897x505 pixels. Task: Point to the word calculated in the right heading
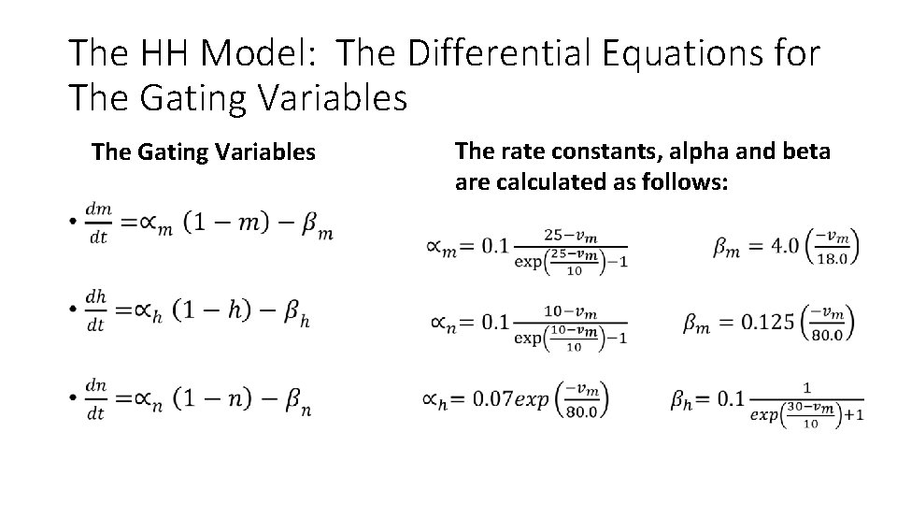pyautogui.click(x=545, y=181)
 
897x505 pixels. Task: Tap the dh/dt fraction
pyautogui.click(x=96, y=310)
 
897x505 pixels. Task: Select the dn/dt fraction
pyautogui.click(x=96, y=397)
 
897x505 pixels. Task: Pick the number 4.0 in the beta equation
pyautogui.click(x=783, y=246)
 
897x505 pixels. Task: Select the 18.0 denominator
pyautogui.click(x=831, y=258)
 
